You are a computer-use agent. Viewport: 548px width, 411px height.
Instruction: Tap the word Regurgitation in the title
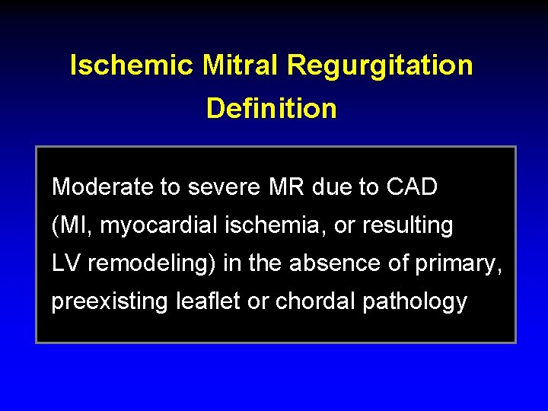click(x=380, y=65)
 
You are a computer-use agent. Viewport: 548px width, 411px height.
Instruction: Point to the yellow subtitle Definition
click(x=271, y=108)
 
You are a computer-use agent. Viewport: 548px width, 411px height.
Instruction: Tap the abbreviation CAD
click(x=413, y=186)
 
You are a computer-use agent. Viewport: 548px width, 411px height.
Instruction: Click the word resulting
click(x=407, y=225)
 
